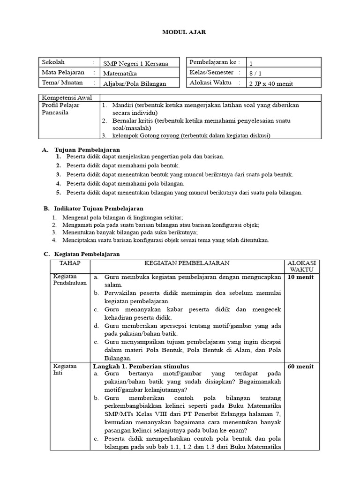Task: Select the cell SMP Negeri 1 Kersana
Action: pos(135,63)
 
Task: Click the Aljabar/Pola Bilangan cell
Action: pos(135,83)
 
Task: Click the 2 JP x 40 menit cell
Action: pos(271,83)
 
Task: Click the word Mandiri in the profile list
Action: pos(122,105)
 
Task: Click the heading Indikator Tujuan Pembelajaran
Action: pos(99,208)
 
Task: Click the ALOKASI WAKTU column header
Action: pos(301,267)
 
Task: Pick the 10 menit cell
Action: pos(300,277)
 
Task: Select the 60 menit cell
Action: pos(300,366)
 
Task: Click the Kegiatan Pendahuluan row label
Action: pos(68,280)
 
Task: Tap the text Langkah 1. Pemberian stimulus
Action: pos(141,366)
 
